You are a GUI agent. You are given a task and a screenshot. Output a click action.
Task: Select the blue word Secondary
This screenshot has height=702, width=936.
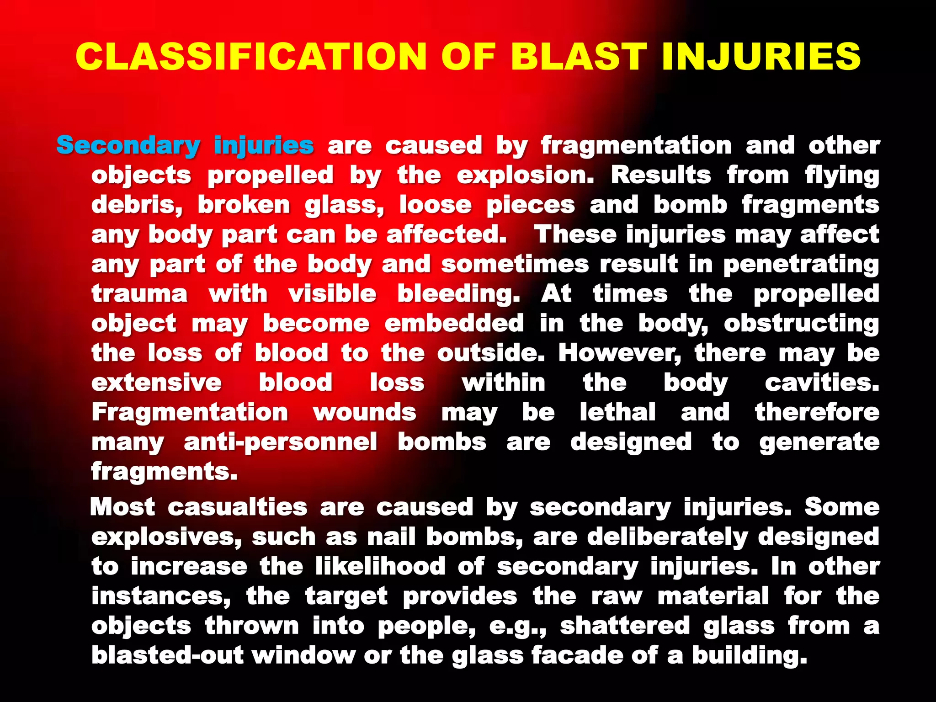pyautogui.click(x=128, y=146)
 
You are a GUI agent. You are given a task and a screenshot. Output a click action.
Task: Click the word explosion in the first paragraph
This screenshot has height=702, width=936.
pyautogui.click(x=525, y=175)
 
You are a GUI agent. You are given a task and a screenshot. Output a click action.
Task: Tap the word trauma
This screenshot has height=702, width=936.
pyautogui.click(x=139, y=293)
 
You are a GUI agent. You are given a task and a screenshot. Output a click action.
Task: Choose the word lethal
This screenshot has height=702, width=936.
pyautogui.click(x=617, y=412)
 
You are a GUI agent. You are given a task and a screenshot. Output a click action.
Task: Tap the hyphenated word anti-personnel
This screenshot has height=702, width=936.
pyautogui.click(x=281, y=442)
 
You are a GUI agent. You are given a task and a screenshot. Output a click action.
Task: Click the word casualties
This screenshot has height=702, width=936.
pyautogui.click(x=237, y=507)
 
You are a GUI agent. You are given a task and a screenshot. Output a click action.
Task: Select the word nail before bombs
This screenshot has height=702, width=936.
pyautogui.click(x=391, y=537)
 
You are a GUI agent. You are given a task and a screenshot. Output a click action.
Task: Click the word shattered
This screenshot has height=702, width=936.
pyautogui.click(x=625, y=626)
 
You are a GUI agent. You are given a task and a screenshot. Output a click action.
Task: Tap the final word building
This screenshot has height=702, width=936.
pyautogui.click(x=750, y=655)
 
